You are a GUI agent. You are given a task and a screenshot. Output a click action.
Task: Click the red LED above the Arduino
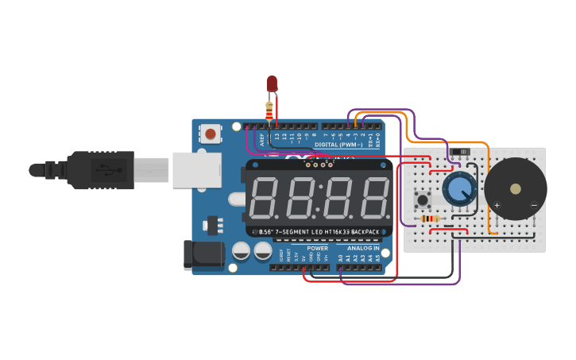(x=272, y=83)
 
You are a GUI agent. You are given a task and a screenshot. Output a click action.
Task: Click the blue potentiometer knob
(x=458, y=189)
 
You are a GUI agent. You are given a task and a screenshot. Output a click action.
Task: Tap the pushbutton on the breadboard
(x=423, y=199)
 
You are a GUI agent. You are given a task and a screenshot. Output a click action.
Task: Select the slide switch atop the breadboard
(x=459, y=150)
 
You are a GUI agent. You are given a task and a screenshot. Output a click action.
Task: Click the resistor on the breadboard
(x=430, y=219)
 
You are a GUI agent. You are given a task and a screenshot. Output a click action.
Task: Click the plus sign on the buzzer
(x=497, y=205)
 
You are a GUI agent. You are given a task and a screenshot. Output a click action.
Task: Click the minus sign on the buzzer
(x=533, y=205)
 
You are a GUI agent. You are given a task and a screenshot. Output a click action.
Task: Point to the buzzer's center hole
(x=516, y=189)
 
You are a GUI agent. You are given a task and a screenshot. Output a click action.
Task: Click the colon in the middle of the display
(x=318, y=199)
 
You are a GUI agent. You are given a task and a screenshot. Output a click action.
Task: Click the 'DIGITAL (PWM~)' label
(x=338, y=145)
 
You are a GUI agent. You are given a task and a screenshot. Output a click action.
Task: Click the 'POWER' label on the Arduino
(x=317, y=248)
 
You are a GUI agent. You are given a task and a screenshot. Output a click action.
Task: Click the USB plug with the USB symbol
(x=99, y=170)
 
